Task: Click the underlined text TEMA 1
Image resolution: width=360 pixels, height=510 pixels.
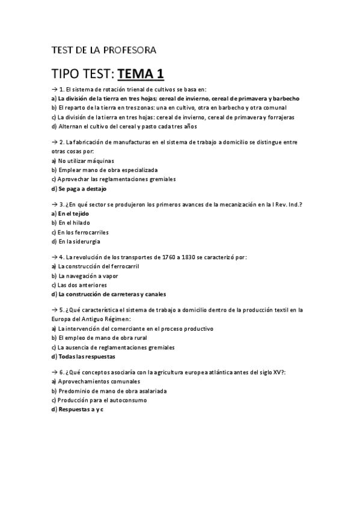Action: coord(141,74)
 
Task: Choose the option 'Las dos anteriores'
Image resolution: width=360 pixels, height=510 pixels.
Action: coord(81,285)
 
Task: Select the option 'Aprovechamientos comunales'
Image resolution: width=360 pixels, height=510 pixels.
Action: coord(93,381)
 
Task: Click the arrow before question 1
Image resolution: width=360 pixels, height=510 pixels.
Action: coord(55,88)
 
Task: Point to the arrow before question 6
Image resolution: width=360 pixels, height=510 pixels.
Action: coord(55,372)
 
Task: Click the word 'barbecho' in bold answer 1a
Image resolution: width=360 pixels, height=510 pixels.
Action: coord(285,97)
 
